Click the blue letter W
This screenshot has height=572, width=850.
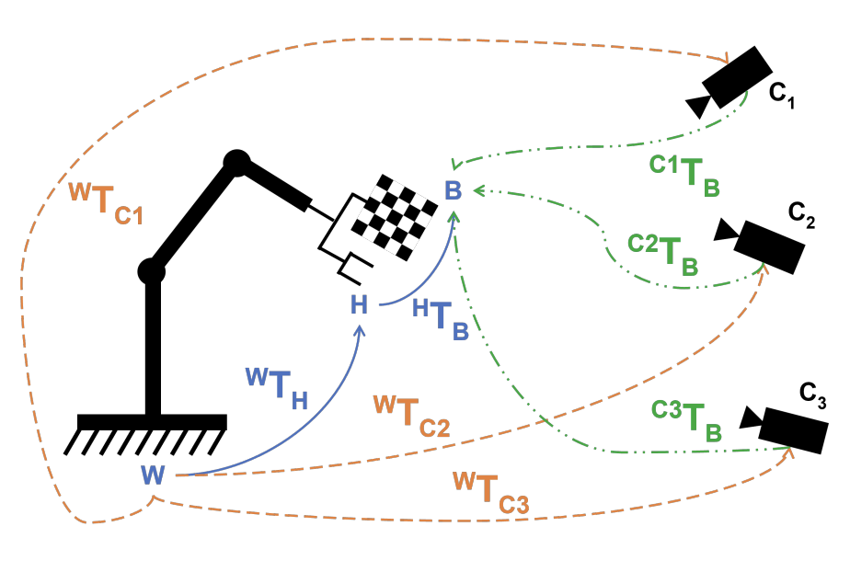(x=153, y=475)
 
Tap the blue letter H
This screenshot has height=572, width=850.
(x=359, y=305)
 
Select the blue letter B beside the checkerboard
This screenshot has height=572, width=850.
(x=453, y=191)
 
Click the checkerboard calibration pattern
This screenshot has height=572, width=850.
(x=396, y=219)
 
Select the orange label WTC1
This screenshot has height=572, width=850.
(x=107, y=203)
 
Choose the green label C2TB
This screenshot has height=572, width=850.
(x=663, y=255)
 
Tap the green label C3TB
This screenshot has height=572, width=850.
(x=686, y=418)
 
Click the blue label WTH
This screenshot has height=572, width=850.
(x=276, y=386)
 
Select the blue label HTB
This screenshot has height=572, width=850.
(x=441, y=319)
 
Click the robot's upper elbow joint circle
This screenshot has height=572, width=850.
(x=236, y=163)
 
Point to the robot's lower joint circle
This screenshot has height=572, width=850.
(x=151, y=271)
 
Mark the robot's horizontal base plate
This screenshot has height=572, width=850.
(x=152, y=422)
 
